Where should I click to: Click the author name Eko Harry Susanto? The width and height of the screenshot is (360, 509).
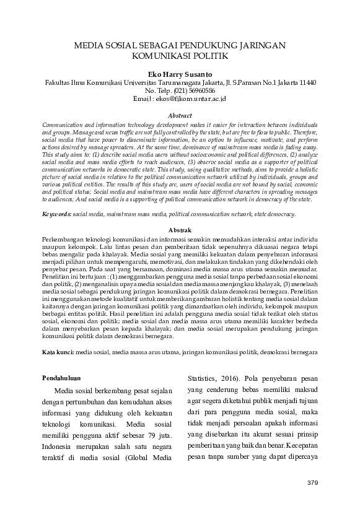(x=180, y=73)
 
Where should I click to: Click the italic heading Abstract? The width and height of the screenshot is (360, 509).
(x=180, y=115)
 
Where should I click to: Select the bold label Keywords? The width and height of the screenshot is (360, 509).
(x=56, y=214)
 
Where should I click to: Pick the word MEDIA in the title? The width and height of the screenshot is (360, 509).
(x=88, y=45)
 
